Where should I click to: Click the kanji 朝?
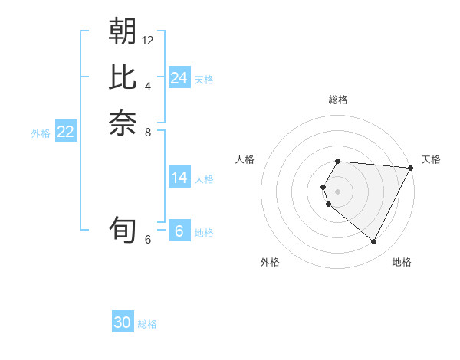click(123, 31)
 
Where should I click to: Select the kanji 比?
click(123, 77)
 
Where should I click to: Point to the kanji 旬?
click(123, 231)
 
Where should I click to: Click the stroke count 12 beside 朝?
click(148, 40)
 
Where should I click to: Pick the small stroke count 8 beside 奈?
click(148, 132)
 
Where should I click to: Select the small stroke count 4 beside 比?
click(148, 86)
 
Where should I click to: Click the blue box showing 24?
click(179, 78)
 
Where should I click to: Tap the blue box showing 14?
click(179, 178)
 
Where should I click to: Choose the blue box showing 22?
click(65, 132)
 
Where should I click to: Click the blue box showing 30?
click(122, 322)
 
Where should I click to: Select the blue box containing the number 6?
click(179, 231)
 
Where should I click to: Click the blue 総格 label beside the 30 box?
click(147, 324)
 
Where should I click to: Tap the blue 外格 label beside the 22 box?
click(41, 133)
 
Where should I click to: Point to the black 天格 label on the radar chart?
click(431, 159)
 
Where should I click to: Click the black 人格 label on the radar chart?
click(245, 159)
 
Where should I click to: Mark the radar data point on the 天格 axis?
click(410, 168)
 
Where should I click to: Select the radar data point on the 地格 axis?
click(373, 242)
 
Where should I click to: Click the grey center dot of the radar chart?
click(338, 191)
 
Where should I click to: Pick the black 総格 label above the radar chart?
click(338, 100)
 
